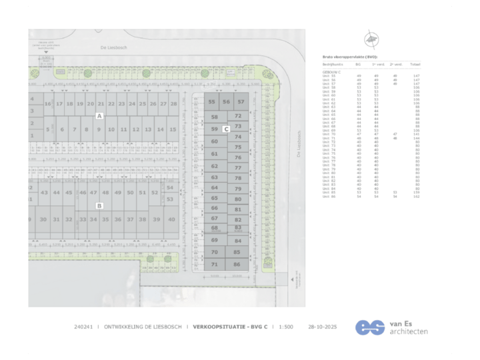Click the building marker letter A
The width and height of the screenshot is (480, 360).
coord(99,116)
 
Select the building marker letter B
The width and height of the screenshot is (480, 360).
coord(99,206)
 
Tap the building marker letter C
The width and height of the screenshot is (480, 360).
coord(227,129)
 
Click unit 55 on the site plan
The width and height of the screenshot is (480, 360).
coord(212,102)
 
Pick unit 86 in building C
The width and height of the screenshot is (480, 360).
coord(237,265)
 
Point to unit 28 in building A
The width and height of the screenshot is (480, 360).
coord(173,105)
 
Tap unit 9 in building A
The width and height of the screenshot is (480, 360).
coord(98,129)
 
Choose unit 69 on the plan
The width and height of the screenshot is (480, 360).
coord(215,241)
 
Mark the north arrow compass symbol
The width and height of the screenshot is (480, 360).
coord(369,39)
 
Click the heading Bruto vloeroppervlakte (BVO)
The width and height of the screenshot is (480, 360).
coord(353,58)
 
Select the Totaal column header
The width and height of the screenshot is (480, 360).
coord(415,65)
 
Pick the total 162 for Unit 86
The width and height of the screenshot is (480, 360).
coord(416,197)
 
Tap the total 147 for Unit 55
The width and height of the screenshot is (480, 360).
coord(416,76)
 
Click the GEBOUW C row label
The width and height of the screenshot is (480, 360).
coord(331,71)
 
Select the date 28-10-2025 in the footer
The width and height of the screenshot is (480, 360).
coord(322,327)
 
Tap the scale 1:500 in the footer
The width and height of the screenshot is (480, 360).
coord(286,327)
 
